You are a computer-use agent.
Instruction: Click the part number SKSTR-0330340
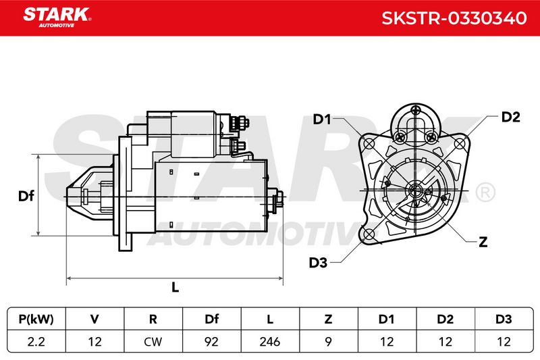click(454, 18)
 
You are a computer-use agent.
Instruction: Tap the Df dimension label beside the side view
click(26, 196)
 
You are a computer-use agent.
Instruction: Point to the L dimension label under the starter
click(175, 287)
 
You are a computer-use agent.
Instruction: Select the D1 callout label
click(322, 119)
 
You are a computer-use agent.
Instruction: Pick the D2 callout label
click(510, 117)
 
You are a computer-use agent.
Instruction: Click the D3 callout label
click(318, 263)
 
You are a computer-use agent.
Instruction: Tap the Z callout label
click(483, 242)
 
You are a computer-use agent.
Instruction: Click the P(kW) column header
click(36, 319)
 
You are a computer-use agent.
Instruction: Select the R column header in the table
click(153, 319)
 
